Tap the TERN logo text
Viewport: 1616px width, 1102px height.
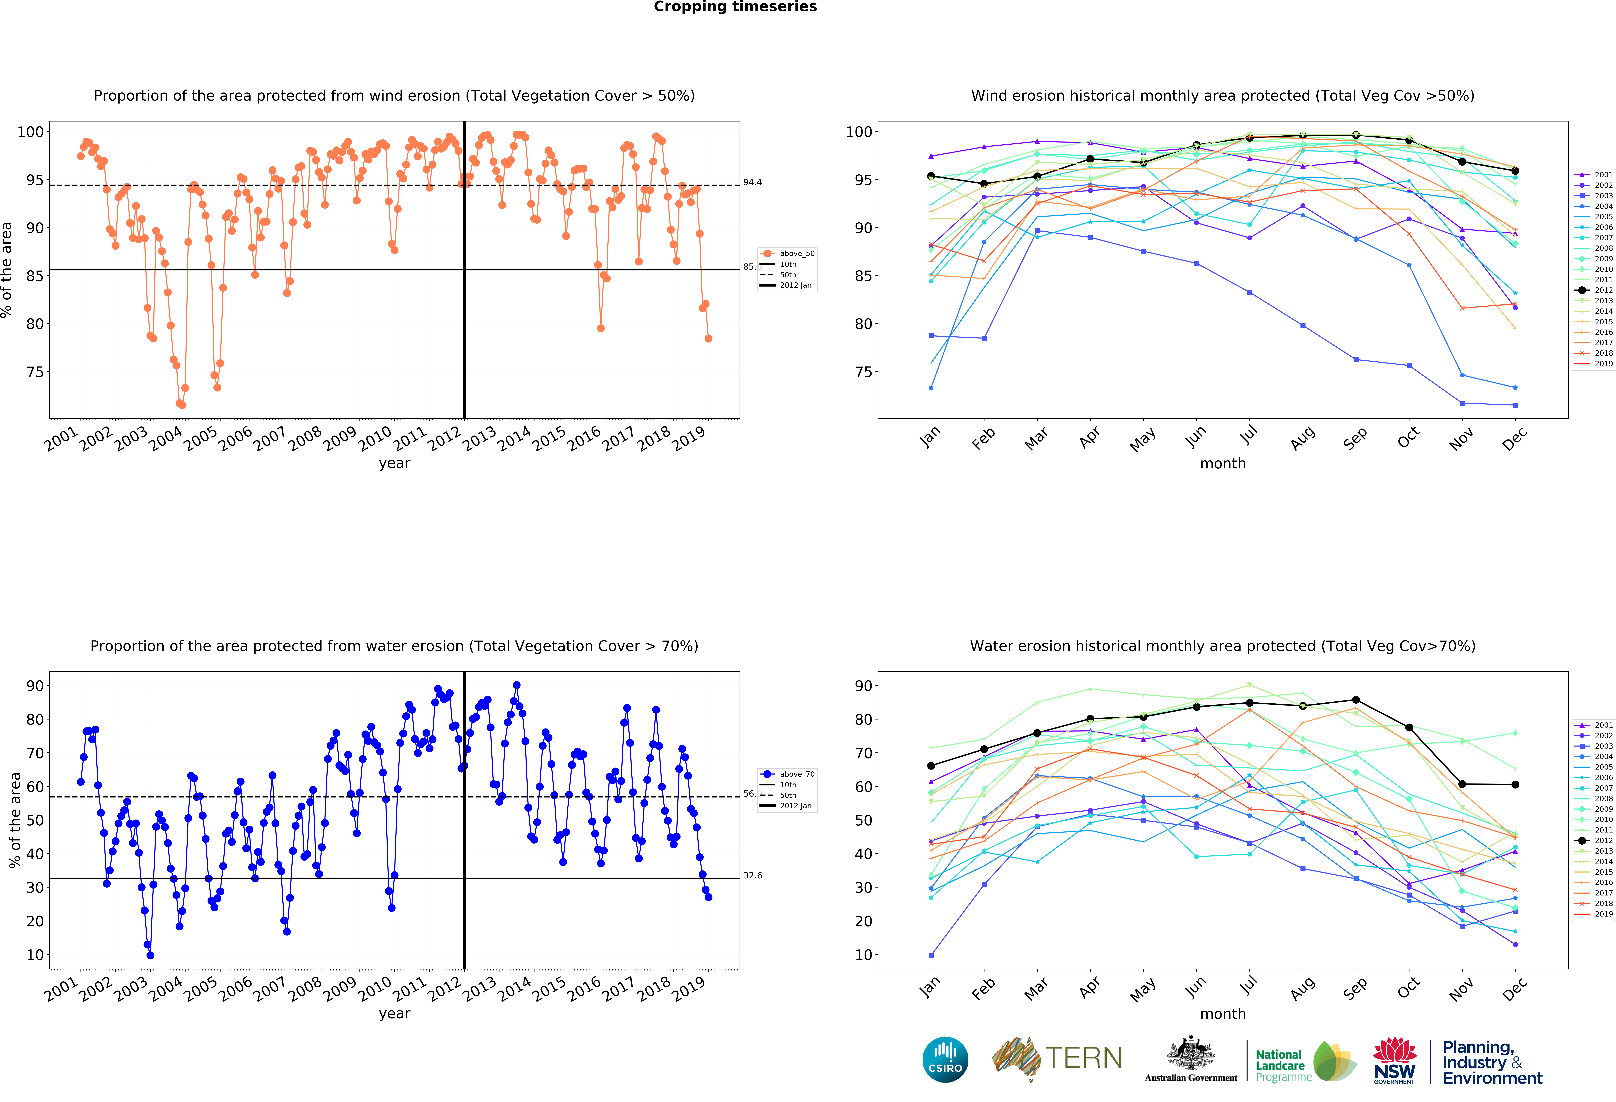pyautogui.click(x=1083, y=1057)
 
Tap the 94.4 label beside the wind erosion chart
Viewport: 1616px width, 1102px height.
pyautogui.click(x=752, y=182)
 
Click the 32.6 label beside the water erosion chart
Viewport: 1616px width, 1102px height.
pyautogui.click(x=752, y=875)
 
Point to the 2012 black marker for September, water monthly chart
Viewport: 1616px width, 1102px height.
pyautogui.click(x=1356, y=700)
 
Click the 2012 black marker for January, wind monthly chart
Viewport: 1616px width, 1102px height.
pyautogui.click(x=931, y=176)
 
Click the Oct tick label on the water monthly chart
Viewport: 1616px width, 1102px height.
pyautogui.click(x=1408, y=987)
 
